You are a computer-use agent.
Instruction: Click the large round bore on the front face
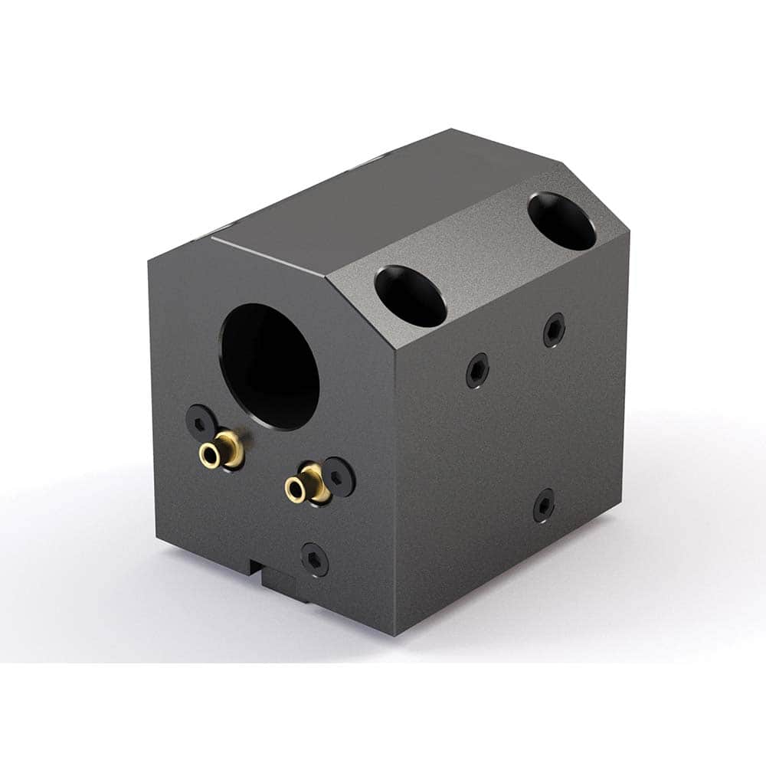pos(270,366)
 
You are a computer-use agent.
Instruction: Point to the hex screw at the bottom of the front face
pos(314,559)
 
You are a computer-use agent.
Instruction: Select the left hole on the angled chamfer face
pos(411,296)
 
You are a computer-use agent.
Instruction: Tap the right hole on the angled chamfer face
pos(561,221)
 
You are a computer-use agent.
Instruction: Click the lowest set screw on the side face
pos(543,506)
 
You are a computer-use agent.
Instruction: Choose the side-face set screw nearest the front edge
pos(477,371)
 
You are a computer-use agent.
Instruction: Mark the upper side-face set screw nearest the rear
pos(554,329)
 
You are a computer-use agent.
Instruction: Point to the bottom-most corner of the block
pos(395,634)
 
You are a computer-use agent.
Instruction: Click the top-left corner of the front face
pos(149,258)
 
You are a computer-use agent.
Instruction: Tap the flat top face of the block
pos(368,199)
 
